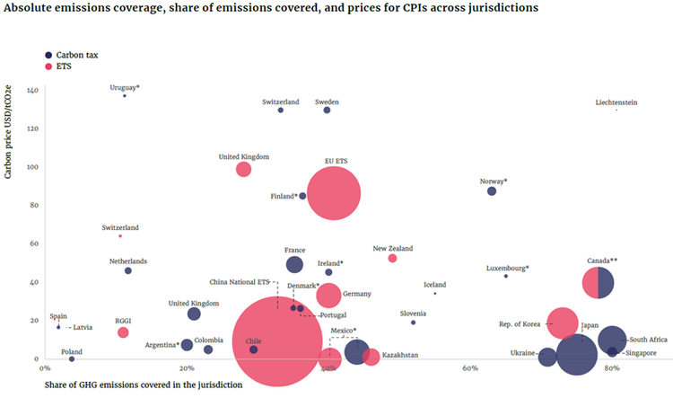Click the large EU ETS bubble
334,193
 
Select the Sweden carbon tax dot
327,111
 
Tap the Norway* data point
492,191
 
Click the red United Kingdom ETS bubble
243,169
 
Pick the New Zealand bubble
392,258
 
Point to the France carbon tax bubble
294,264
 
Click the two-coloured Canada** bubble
598,283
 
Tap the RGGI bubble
123,332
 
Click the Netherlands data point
127,270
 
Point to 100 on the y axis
31,168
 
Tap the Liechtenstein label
616,102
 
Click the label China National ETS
240,281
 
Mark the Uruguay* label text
125,87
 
